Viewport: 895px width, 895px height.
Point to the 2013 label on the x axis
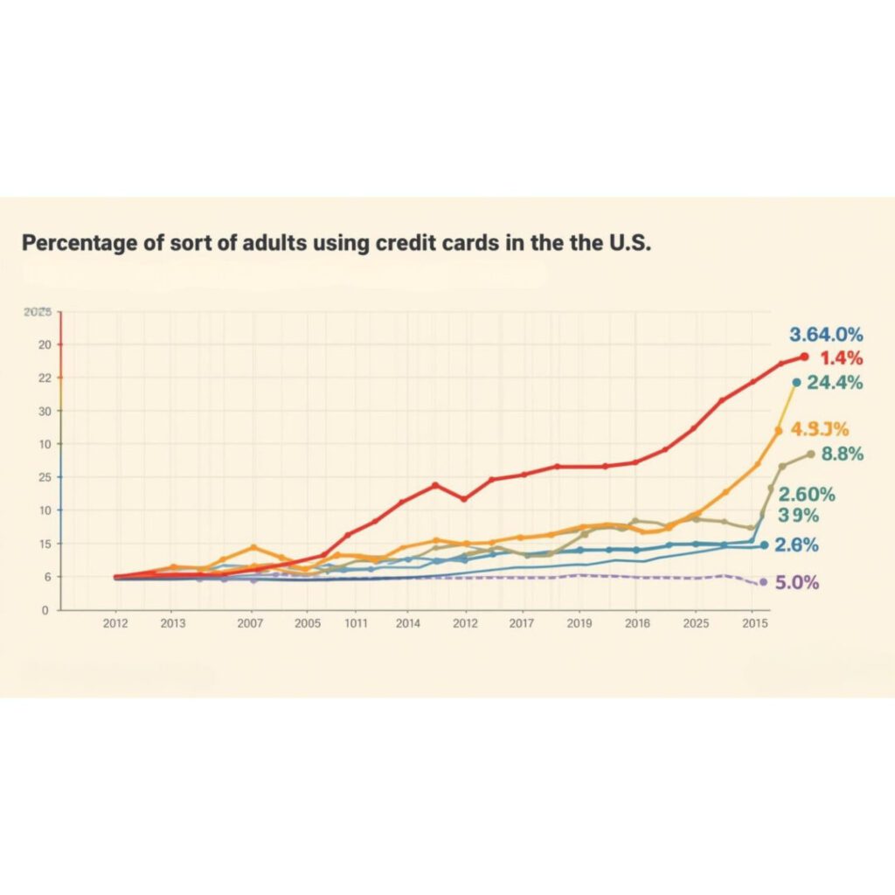pos(173,624)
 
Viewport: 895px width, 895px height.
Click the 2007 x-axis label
pos(251,624)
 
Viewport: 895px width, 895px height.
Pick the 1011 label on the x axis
pos(356,624)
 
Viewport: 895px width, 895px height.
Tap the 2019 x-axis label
pos(579,624)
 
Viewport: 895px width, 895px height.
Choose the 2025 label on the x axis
pos(696,624)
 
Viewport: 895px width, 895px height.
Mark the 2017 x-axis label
pos(522,624)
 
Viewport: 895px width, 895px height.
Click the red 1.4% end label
pos(842,357)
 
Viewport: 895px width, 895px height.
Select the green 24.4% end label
pos(835,382)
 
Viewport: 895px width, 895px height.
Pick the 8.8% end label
pos(843,454)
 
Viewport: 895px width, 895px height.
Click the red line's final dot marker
pos(804,356)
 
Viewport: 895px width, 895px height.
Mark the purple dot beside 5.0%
pos(763,582)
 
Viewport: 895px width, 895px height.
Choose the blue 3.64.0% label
pos(826,334)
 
